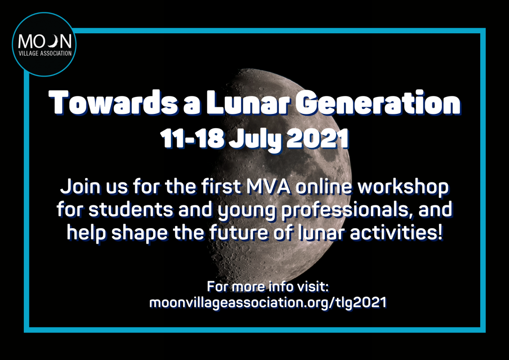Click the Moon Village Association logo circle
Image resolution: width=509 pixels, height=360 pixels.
click(44, 44)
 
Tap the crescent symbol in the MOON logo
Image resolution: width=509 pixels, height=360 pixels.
click(54, 41)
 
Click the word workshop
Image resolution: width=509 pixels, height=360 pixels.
click(403, 187)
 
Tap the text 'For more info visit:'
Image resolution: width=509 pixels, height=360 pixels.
click(268, 286)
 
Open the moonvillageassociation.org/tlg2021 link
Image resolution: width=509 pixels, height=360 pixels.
click(268, 303)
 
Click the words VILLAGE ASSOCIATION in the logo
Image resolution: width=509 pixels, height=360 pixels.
click(45, 53)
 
